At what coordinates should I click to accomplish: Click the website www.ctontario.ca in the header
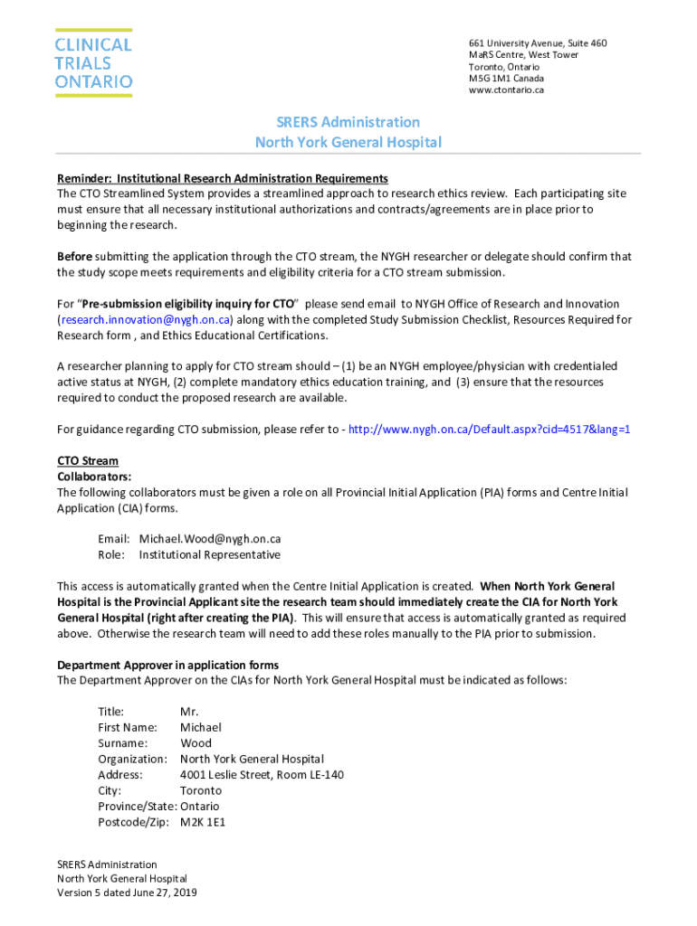[x=506, y=90]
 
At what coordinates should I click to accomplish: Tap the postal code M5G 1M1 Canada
[x=506, y=79]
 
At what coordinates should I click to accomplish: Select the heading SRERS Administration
[x=348, y=122]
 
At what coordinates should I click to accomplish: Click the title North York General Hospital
[x=348, y=143]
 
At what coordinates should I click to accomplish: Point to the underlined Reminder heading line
[x=222, y=178]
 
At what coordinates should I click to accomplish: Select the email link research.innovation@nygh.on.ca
[x=145, y=320]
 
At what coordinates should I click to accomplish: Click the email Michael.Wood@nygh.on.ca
[x=209, y=539]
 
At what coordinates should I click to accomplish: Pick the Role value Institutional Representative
[x=209, y=555]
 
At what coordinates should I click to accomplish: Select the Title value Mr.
[x=189, y=712]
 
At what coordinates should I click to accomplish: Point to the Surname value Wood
[x=196, y=743]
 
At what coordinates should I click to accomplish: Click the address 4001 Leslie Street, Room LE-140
[x=262, y=775]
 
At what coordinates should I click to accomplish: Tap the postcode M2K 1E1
[x=205, y=822]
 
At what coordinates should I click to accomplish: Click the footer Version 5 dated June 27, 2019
[x=127, y=893]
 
